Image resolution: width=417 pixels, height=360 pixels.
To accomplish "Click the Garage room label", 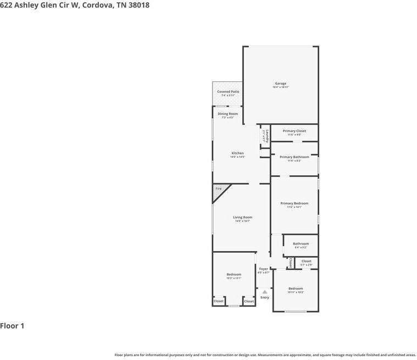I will [281, 84].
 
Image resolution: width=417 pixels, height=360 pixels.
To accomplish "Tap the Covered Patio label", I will [228, 92].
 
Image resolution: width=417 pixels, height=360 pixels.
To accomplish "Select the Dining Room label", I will [228, 114].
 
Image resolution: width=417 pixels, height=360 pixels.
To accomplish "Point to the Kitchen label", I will [237, 153].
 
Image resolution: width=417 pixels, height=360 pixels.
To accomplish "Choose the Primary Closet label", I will [294, 131].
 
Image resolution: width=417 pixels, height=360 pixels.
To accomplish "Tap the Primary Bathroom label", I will [294, 157].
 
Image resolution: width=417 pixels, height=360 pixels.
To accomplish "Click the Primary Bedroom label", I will [294, 203].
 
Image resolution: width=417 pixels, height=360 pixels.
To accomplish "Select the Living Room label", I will [242, 217].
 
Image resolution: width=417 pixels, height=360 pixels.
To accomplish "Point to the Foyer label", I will [264, 269].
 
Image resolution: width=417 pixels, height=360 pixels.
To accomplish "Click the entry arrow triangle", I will [265, 292].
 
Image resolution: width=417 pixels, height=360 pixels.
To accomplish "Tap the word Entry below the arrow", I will [265, 297].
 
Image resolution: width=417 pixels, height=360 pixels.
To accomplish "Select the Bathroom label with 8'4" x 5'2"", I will [301, 243].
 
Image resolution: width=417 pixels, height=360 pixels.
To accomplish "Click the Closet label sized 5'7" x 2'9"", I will [306, 261].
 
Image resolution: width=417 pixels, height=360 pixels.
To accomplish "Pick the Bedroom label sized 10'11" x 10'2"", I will [296, 289].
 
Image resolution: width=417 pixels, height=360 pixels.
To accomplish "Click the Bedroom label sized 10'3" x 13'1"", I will [233, 274].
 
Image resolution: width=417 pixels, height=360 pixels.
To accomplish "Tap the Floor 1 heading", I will [12, 326].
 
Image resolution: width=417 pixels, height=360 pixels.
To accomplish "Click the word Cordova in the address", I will [98, 5].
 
